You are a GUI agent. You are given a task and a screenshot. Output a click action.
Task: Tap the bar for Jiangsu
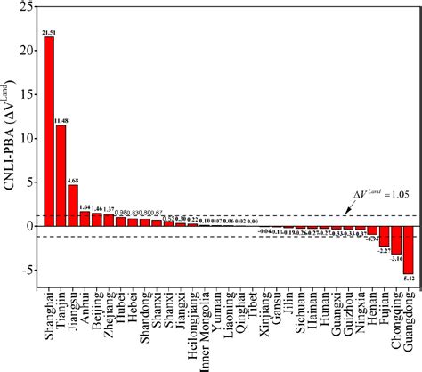coord(73,206)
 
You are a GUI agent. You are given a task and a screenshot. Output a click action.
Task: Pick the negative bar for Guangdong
coord(409,250)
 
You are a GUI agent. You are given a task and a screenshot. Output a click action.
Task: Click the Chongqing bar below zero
coord(396,240)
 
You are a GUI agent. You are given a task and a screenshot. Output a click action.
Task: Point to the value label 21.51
coord(49,31)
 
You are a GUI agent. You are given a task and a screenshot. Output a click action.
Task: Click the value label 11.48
coord(61,119)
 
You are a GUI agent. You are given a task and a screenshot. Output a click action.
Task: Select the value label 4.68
coord(74,179)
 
